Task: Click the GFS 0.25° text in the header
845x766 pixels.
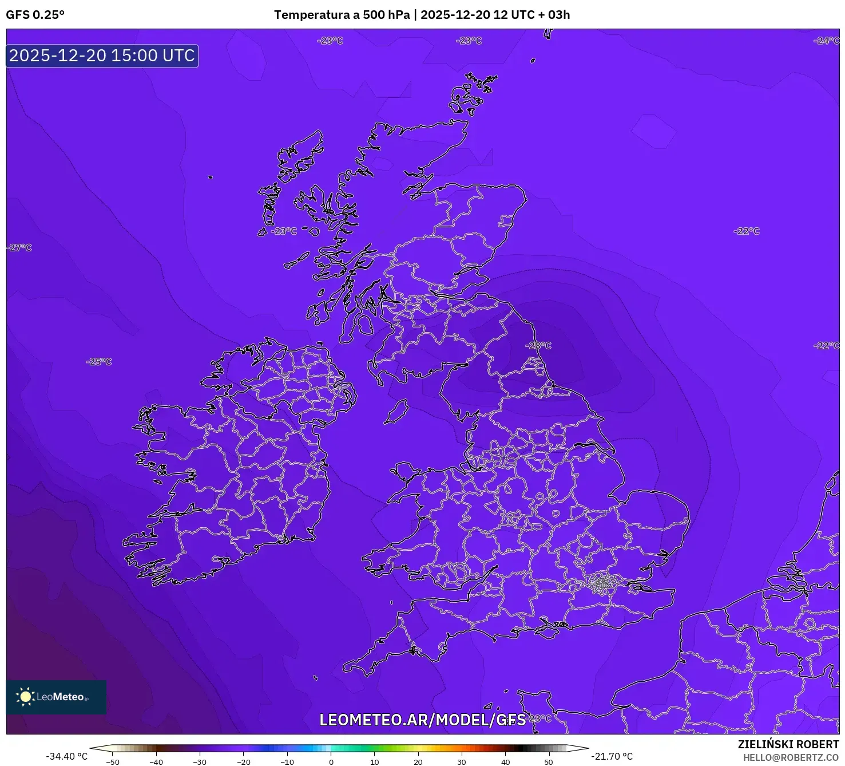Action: (x=35, y=15)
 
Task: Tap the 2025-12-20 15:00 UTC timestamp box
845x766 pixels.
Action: (x=102, y=56)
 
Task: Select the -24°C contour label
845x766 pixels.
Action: (x=826, y=41)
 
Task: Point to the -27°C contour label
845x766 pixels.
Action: (x=19, y=248)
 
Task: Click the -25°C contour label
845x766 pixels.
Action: (x=99, y=362)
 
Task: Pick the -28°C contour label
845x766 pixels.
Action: (x=538, y=345)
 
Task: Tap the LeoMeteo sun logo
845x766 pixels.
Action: (x=25, y=696)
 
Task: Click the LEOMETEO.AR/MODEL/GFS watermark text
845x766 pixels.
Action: (x=422, y=720)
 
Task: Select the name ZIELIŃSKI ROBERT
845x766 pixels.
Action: (x=788, y=744)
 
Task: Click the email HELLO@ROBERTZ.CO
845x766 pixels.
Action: (x=791, y=757)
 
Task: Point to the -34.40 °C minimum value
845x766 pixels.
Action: (x=67, y=756)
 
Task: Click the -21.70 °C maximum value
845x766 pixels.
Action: (x=612, y=756)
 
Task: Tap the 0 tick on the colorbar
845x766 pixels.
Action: (x=331, y=762)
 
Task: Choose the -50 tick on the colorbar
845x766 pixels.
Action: (x=113, y=762)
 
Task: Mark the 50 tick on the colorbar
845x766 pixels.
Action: (x=548, y=762)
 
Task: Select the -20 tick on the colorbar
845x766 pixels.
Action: (x=243, y=762)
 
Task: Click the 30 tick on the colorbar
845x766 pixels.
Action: (x=461, y=762)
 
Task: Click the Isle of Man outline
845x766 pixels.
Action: (x=396, y=411)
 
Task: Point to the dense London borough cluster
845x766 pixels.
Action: (x=602, y=583)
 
